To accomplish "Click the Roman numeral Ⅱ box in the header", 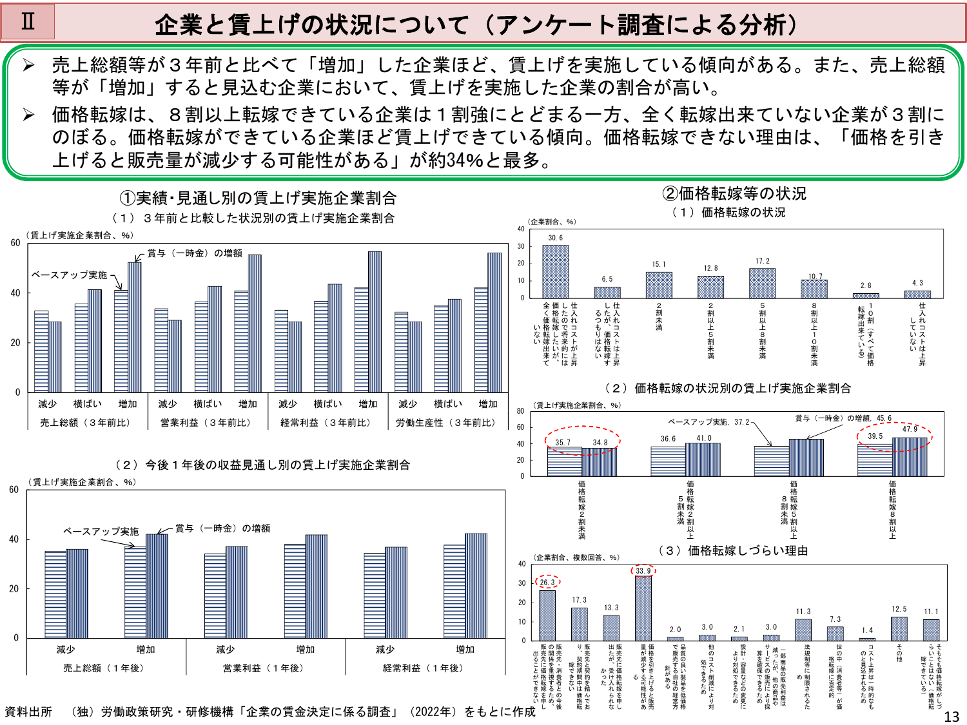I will coord(28,22).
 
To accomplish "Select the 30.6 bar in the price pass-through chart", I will coord(555,271).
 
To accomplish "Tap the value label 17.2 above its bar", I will coord(763,261).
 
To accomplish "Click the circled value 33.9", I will coord(643,570).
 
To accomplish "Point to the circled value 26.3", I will coord(547,582).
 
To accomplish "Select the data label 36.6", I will coord(668,439).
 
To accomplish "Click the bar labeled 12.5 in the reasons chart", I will coord(899,628).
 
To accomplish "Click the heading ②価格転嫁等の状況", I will coord(734,193).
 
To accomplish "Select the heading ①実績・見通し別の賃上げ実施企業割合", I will coord(258,198).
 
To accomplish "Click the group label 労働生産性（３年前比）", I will coord(446,423).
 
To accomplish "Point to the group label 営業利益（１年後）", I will coord(265,668).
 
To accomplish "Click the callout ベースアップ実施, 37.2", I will coord(708,422).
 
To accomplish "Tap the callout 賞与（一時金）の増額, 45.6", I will coord(843,418).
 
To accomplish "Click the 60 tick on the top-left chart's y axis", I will coord(15,243).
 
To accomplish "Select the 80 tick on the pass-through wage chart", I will coord(520,411).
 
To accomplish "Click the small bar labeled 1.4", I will coord(867,639).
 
